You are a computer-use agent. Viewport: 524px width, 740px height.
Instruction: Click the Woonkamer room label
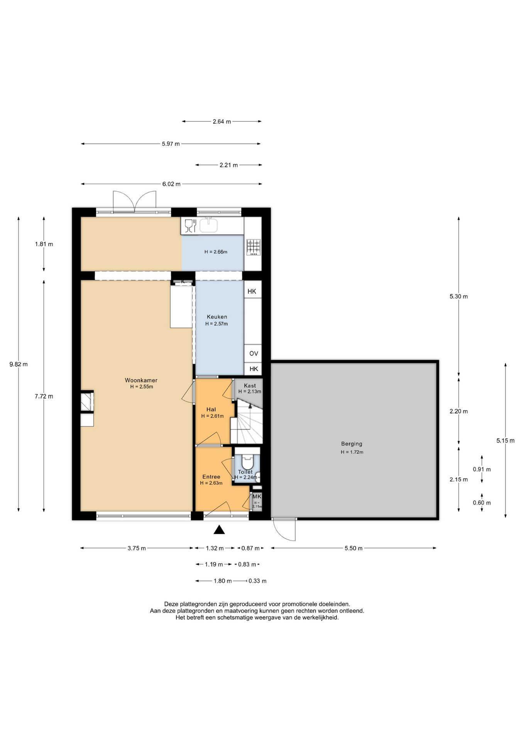point(141,380)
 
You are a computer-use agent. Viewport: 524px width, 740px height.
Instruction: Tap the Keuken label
point(217,317)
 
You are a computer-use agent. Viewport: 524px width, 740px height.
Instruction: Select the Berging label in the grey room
point(352,444)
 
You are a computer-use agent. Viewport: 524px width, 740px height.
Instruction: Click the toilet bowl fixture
point(247,462)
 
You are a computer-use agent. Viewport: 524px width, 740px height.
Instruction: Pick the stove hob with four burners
point(253,247)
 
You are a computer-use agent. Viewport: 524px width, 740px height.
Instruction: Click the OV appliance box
point(253,353)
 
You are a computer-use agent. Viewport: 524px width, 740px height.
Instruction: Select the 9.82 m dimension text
point(19,364)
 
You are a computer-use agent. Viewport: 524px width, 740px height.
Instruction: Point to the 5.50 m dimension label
point(353,548)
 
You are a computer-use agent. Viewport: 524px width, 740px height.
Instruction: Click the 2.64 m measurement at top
point(222,122)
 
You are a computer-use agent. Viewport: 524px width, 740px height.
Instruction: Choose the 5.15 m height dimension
point(505,441)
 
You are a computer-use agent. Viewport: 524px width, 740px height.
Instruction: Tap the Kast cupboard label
point(250,385)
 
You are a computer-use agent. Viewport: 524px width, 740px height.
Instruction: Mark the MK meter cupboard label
point(257,496)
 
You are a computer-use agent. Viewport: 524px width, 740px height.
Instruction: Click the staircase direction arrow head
point(250,405)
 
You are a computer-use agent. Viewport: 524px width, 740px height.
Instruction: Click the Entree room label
point(211,477)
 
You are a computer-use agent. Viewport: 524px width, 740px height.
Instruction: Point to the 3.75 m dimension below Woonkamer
point(137,548)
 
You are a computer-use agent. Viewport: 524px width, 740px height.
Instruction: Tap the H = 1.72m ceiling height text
point(352,452)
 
